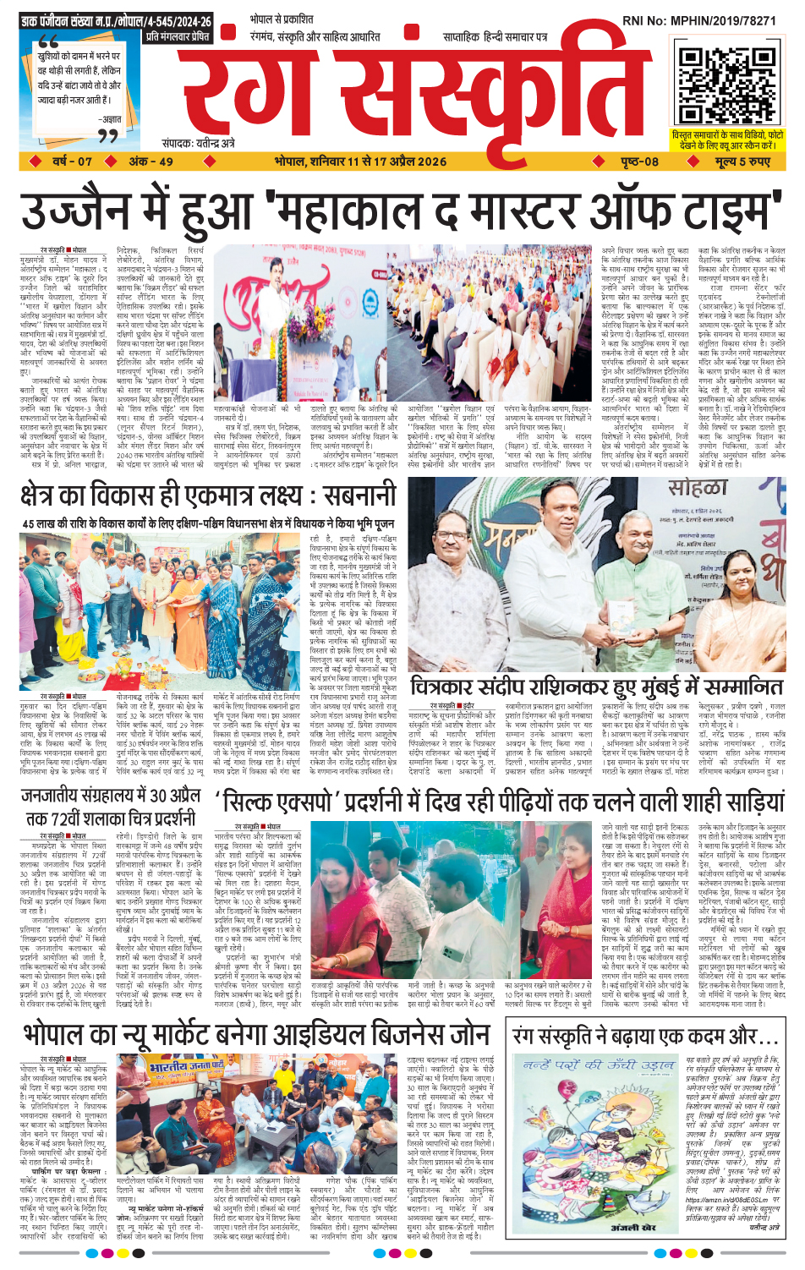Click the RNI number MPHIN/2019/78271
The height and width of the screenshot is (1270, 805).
coord(710,19)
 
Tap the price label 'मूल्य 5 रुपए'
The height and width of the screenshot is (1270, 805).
coord(742,161)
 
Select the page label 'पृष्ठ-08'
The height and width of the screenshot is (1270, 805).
coord(639,161)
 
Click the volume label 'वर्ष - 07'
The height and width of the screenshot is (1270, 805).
coord(72,161)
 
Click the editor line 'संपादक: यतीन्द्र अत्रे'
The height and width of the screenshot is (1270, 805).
coord(198,144)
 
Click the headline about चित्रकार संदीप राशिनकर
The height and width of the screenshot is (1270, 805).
coord(597,686)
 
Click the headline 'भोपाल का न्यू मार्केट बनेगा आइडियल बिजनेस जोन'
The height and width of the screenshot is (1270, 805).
coord(262,1036)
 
